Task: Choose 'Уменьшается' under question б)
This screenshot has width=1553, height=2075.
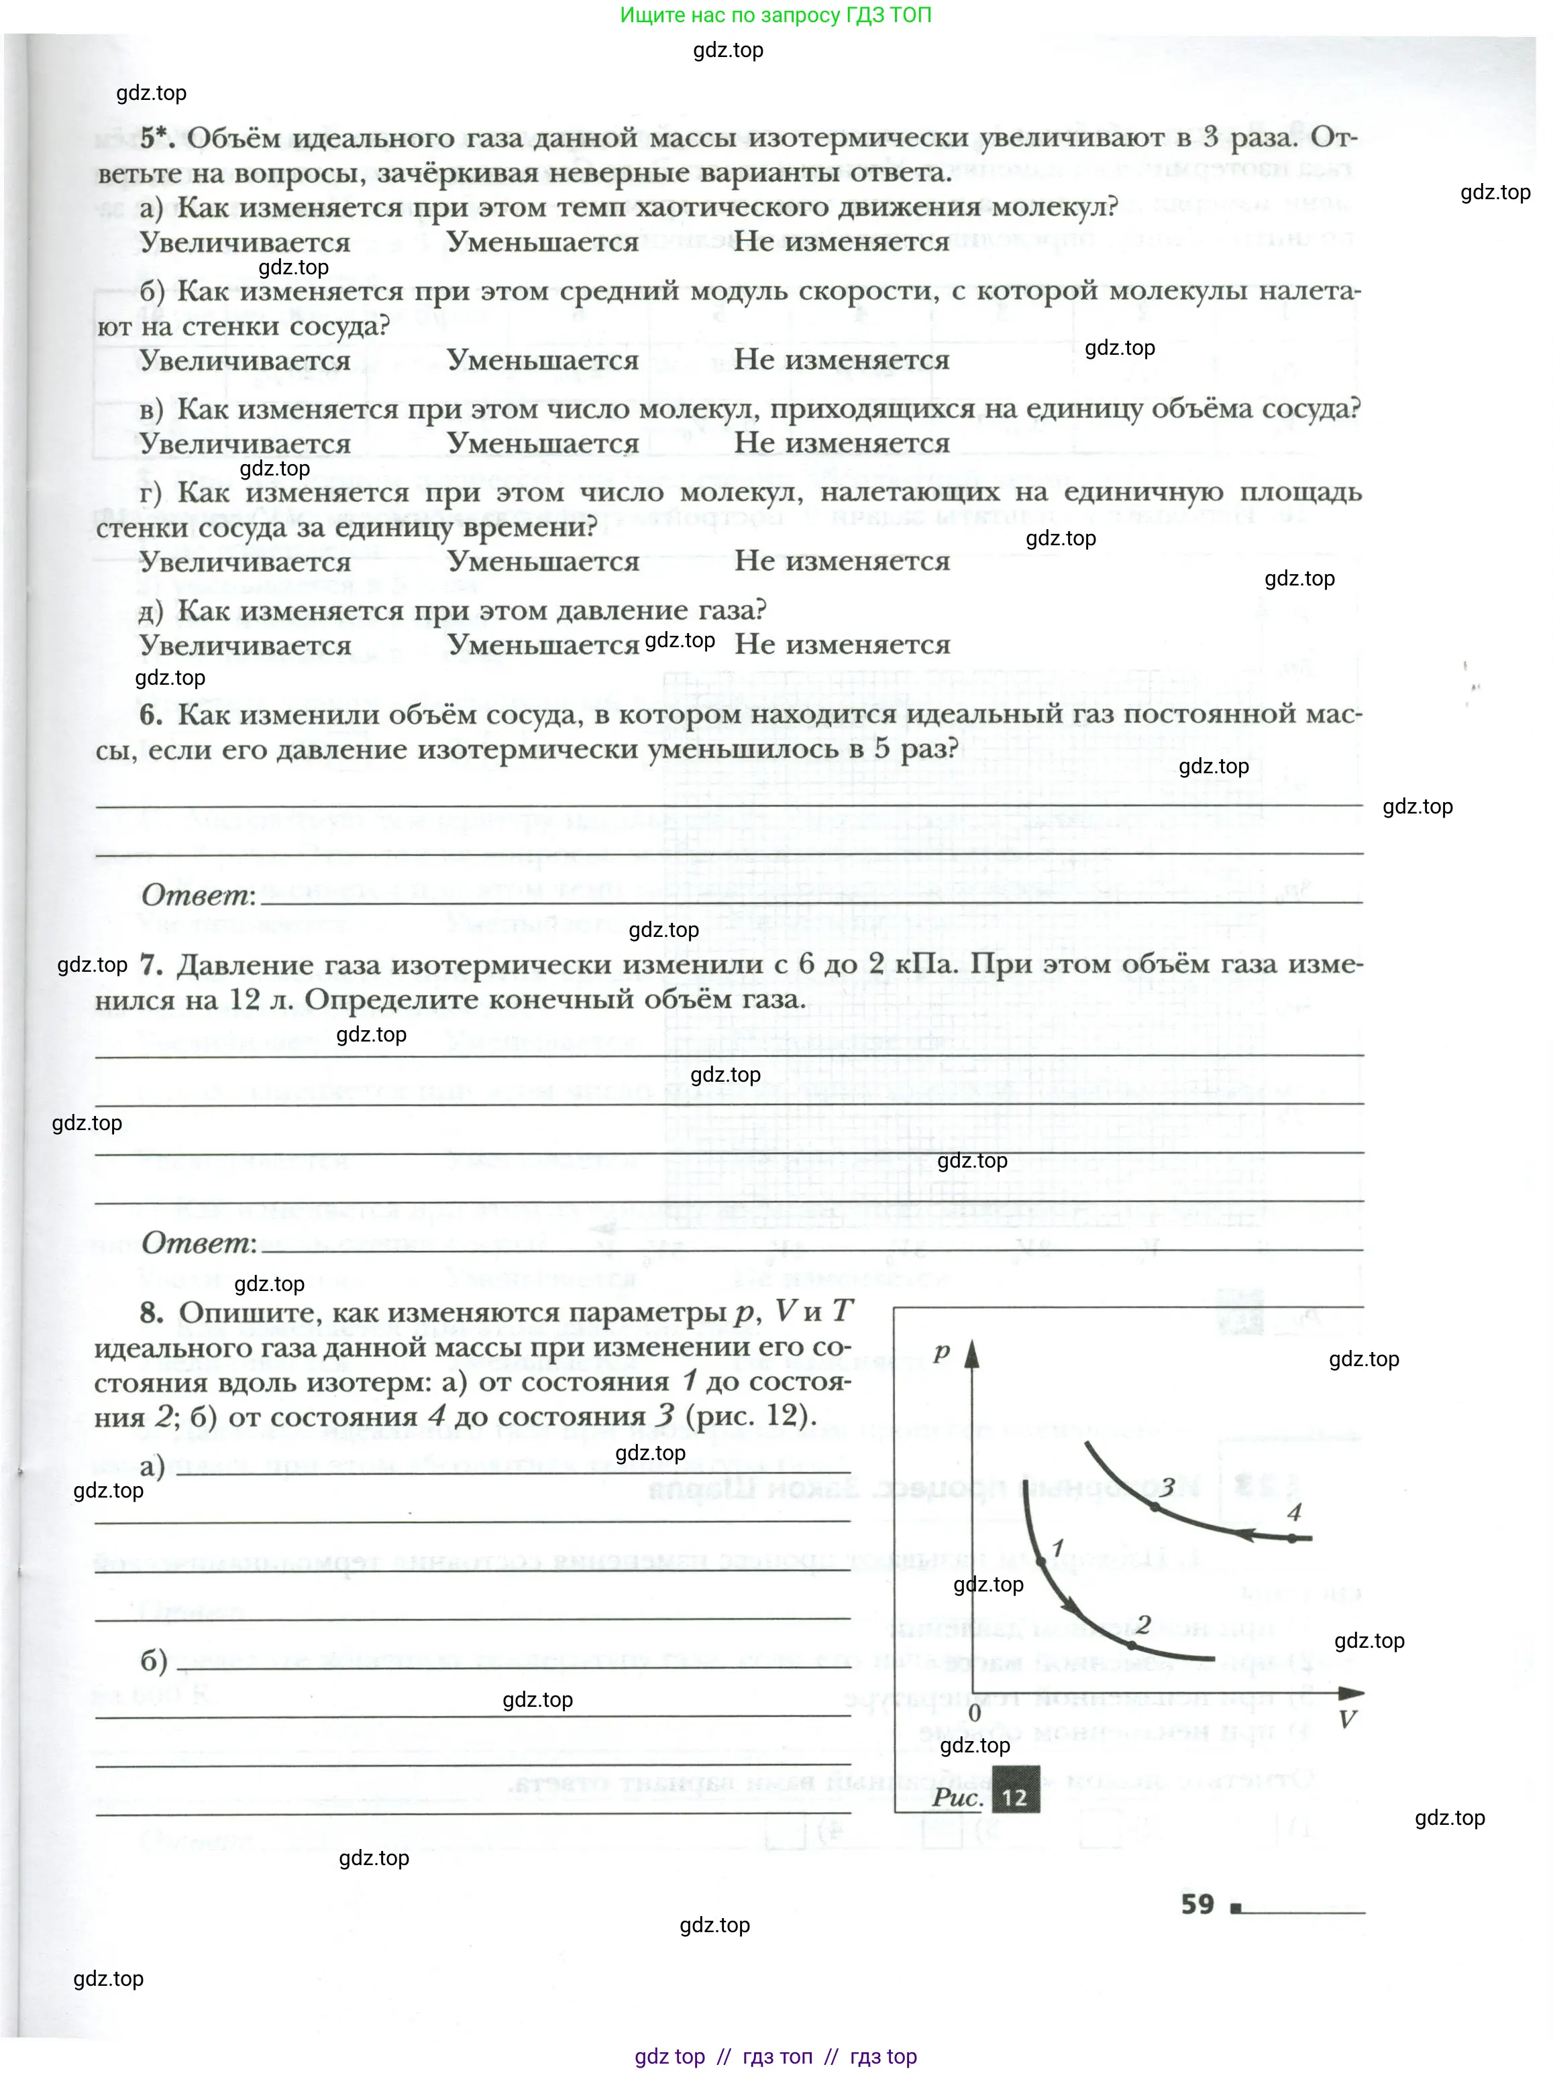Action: coord(543,360)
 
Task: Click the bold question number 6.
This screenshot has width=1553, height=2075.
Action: coord(151,715)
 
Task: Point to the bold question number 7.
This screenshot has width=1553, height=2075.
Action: coord(151,964)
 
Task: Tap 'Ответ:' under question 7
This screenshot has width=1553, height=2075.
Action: coord(198,1244)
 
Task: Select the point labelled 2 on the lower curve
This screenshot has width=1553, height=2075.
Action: coord(1132,1645)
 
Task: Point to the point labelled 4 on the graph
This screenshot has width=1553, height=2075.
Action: coord(1292,1538)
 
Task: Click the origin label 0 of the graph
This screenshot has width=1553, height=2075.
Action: coord(974,1713)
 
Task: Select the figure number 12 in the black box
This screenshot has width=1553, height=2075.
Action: coord(1014,1797)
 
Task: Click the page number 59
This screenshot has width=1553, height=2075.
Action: coord(1197,1904)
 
